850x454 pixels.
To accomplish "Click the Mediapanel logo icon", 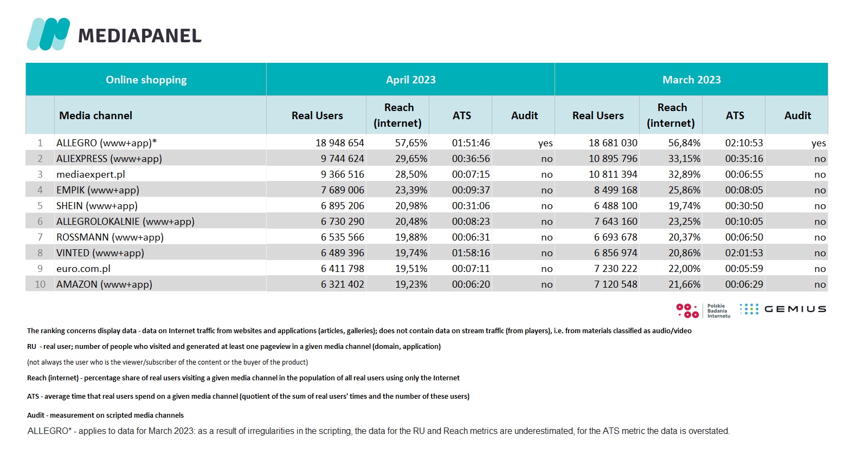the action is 48,34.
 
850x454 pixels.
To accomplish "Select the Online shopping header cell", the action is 146,80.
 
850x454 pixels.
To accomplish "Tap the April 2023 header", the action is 410,80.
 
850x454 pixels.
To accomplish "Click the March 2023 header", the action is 691,80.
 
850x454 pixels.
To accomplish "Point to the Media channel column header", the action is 95,115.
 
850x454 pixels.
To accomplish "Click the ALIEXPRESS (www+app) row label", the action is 110,159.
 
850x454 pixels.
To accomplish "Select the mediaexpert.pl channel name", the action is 91,174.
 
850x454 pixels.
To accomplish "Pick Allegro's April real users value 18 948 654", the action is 339,143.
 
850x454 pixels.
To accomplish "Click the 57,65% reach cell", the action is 411,143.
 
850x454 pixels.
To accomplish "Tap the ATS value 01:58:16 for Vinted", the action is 471,253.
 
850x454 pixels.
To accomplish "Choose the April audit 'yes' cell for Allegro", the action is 545,144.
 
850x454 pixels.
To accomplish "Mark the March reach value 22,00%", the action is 684,269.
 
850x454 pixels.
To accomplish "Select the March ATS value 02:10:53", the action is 744,143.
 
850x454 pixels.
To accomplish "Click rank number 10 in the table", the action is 40,284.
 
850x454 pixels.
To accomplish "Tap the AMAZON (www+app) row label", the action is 104,284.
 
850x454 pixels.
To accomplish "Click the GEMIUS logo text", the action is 795,309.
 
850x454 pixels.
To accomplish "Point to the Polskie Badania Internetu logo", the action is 703,310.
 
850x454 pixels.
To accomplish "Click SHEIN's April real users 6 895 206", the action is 342,206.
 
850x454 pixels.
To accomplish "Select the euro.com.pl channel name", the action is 83,269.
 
